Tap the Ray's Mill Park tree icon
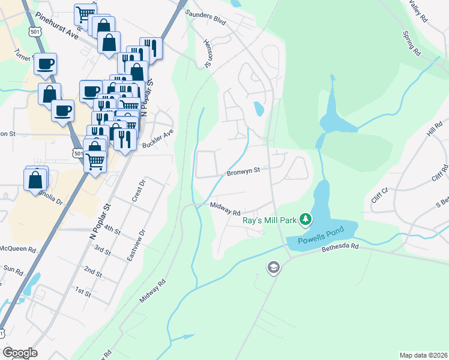(x=306, y=219)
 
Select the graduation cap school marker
(x=273, y=268)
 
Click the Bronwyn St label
(x=243, y=171)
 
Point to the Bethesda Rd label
(x=340, y=246)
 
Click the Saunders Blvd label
(x=205, y=16)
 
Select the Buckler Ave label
(x=158, y=140)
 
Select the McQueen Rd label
(x=17, y=248)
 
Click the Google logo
(x=20, y=353)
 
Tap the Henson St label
(x=209, y=53)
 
